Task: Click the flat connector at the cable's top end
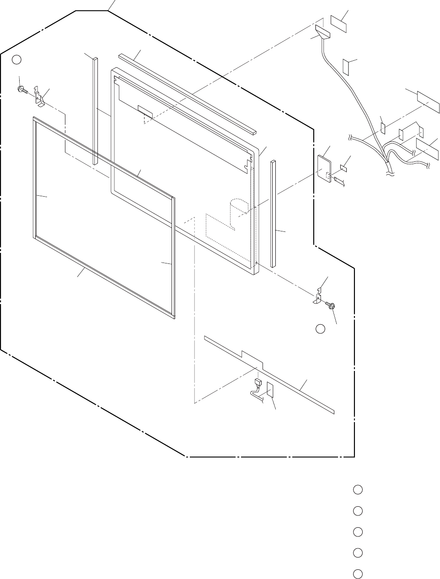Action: point(322,33)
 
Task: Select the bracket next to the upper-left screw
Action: point(40,97)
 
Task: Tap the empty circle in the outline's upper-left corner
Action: point(16,59)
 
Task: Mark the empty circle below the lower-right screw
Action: point(321,329)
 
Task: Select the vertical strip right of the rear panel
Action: point(273,213)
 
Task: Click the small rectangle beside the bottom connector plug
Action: point(270,390)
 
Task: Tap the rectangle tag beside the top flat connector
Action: point(338,23)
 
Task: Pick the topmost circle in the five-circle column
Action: point(358,490)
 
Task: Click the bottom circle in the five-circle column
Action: point(358,574)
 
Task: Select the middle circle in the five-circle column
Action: point(358,532)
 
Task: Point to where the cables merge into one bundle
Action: point(388,162)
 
